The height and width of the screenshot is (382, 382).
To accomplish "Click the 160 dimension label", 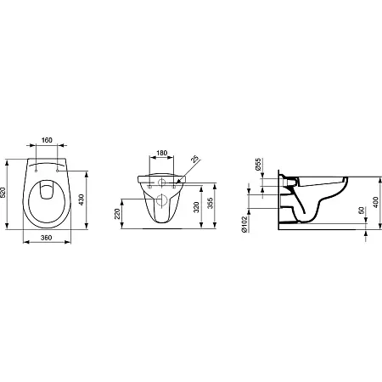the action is (x=47, y=140).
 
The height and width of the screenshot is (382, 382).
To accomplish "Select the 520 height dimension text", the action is (x=3, y=193).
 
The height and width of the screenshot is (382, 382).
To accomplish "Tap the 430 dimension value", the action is (x=81, y=199).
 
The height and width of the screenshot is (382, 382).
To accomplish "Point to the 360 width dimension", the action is (x=46, y=238).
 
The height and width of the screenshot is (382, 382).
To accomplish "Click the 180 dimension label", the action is (x=161, y=153).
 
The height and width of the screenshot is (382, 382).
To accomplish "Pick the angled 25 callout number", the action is (x=194, y=159).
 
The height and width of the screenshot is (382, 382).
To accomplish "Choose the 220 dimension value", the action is (x=117, y=214).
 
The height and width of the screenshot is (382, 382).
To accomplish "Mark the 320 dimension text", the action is (x=197, y=207).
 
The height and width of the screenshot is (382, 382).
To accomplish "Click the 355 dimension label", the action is (x=211, y=203).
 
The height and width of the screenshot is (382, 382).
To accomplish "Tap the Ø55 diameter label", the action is (x=258, y=164).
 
